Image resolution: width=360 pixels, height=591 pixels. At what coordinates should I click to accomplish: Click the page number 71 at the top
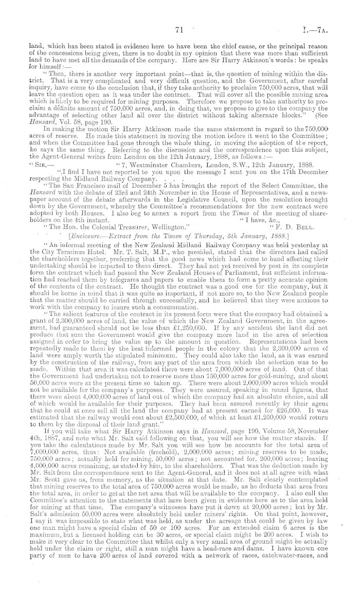tap(179, 31)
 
